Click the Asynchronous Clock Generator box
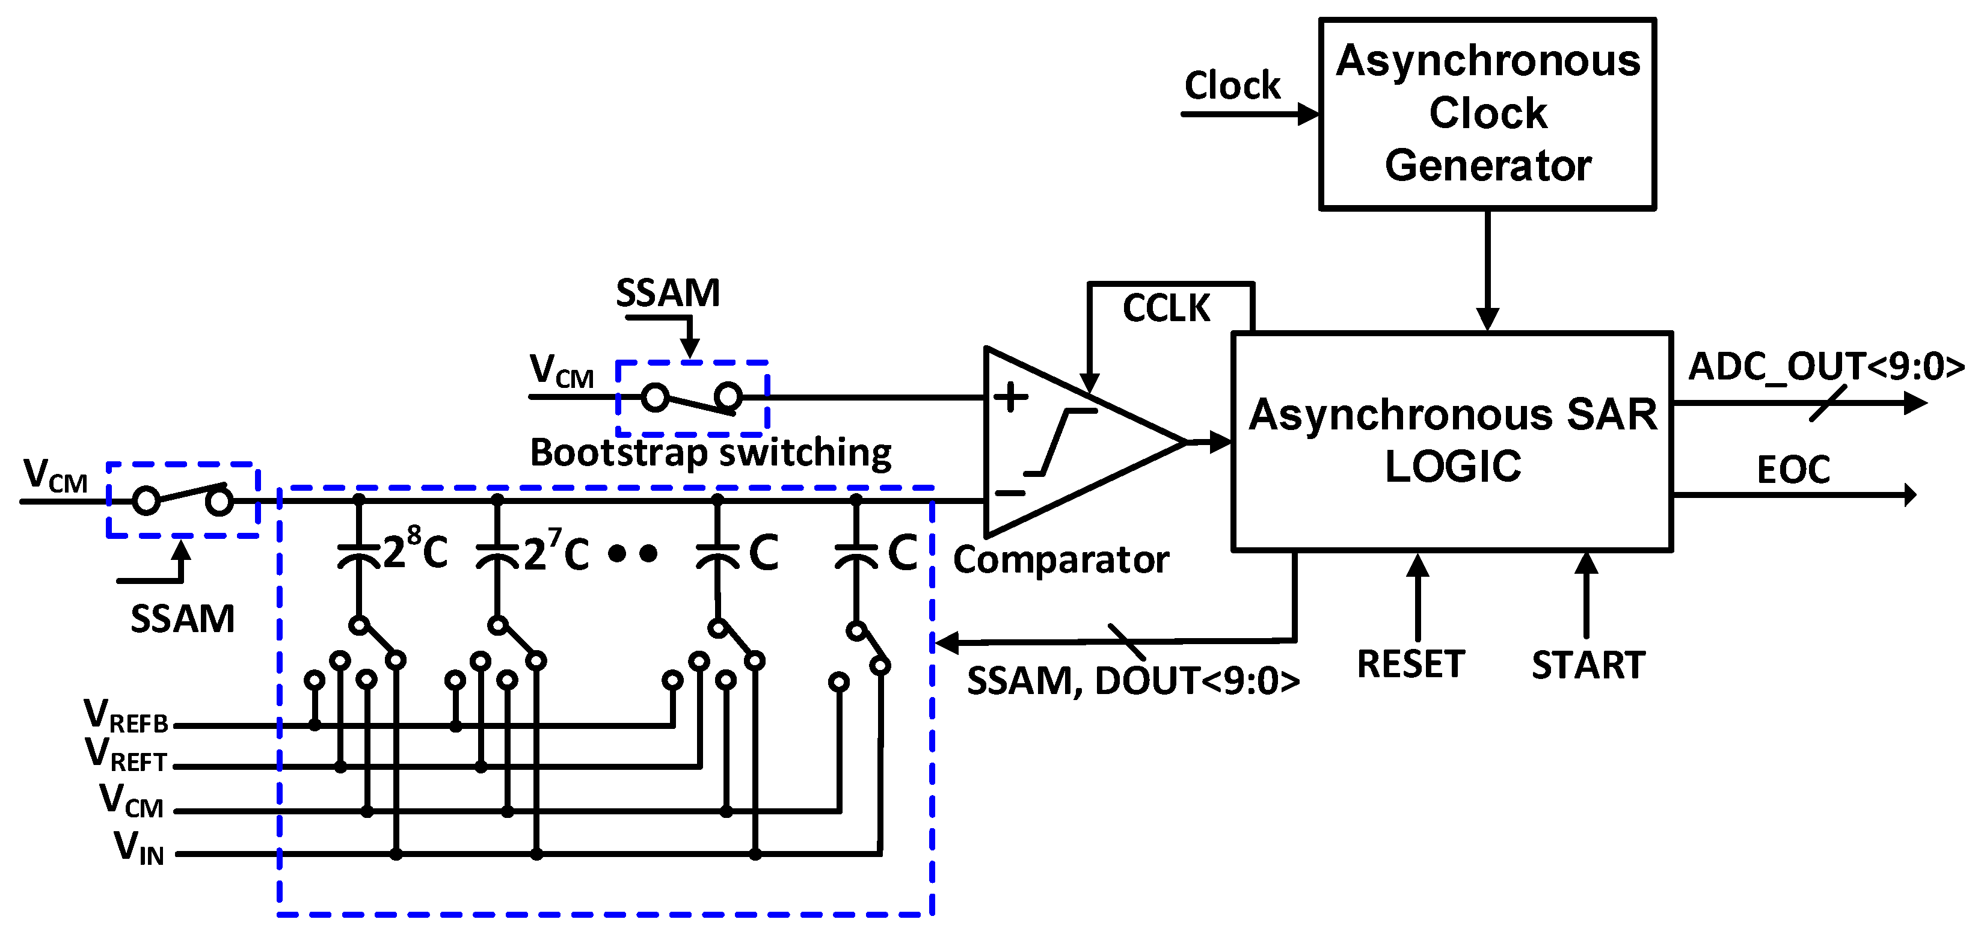coord(1487,114)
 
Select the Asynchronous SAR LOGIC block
coord(1451,441)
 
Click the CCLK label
coord(1166,309)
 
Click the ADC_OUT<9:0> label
coord(1825,366)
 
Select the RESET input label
coord(1410,665)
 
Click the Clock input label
coord(1232,85)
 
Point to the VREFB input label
coord(126,716)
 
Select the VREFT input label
coord(126,754)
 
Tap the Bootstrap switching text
coord(710,452)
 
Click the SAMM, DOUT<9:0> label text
coord(1132,681)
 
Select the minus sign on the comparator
coord(1010,493)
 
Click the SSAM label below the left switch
coord(182,619)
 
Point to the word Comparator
coord(1060,560)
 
